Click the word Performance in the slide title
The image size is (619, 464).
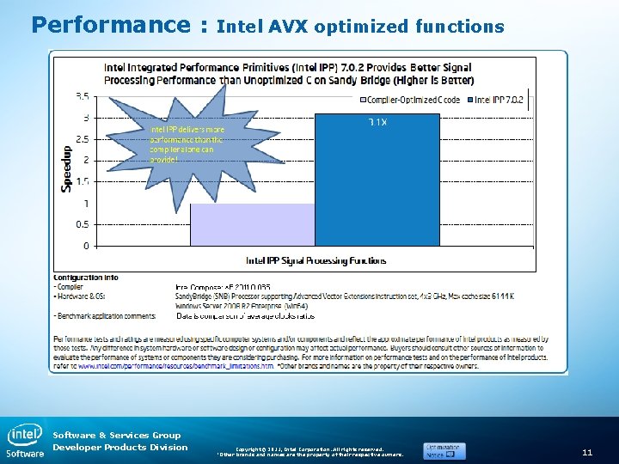[x=111, y=24]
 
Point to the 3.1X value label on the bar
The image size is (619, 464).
[x=377, y=123]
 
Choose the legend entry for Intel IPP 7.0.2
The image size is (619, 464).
[x=498, y=100]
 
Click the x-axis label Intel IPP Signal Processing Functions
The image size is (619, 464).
[x=316, y=260]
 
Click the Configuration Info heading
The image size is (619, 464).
[x=86, y=278]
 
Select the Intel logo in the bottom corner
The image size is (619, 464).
[x=25, y=437]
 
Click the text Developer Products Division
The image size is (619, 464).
[x=120, y=447]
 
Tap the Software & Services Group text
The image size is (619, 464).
[x=117, y=435]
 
